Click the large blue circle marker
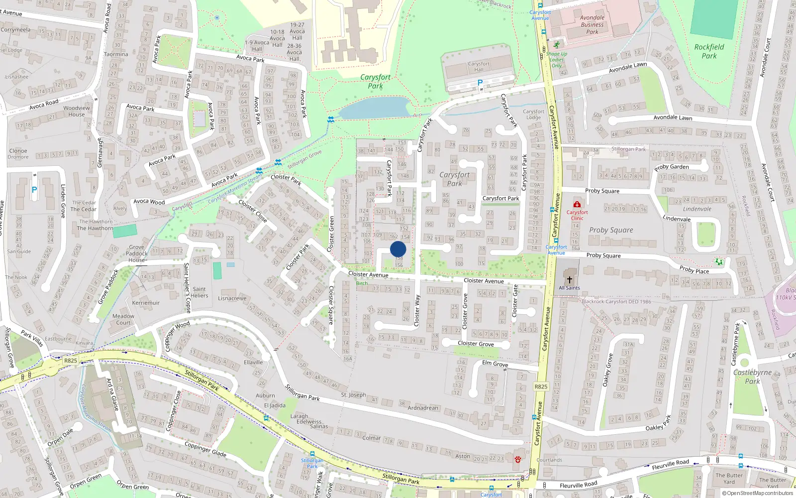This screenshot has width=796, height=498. point(398,249)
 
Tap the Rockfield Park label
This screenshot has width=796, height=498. point(709,51)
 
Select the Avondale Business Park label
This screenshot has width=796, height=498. point(592,25)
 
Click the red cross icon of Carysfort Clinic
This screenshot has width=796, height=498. point(577,204)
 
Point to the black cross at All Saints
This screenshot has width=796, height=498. point(570,280)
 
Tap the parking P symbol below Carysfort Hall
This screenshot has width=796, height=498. point(480,83)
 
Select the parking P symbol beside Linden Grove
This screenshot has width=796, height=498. point(34,190)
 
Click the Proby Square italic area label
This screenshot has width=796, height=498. point(611,230)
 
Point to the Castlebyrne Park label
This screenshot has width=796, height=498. point(752,376)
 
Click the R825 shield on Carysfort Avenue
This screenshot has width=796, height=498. point(541,386)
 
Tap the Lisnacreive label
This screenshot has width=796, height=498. point(232,299)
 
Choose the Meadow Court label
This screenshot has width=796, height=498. point(123,319)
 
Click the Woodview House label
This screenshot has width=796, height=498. point(77,111)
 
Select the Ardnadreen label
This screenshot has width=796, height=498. point(423,408)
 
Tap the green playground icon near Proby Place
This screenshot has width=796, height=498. point(718,261)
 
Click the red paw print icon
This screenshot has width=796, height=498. point(517,459)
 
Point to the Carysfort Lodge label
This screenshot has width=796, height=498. point(533,115)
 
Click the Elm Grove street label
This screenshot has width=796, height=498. point(495,364)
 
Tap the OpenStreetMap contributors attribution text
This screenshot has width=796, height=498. point(757,494)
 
